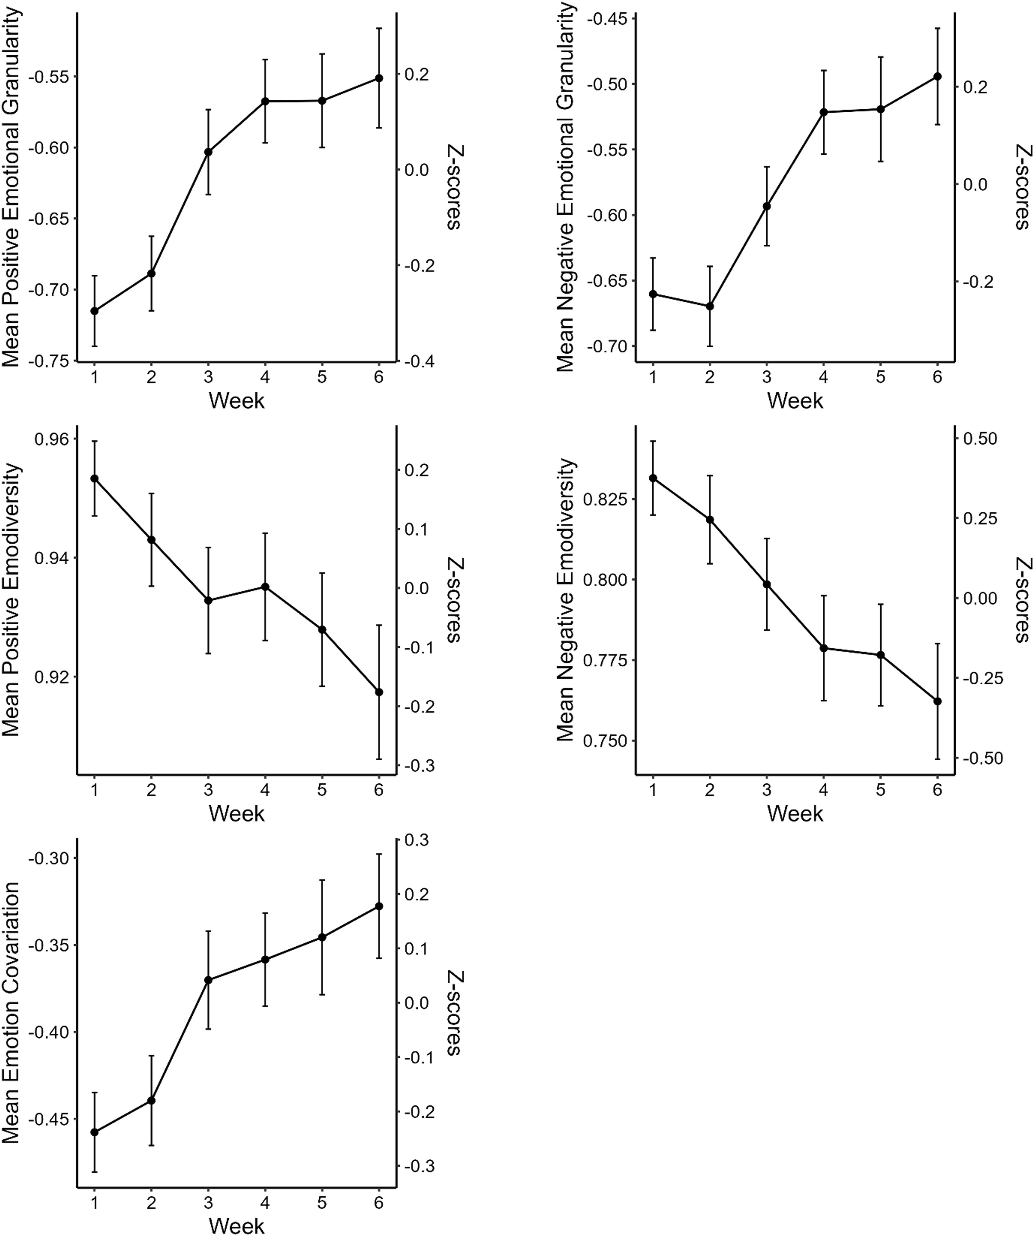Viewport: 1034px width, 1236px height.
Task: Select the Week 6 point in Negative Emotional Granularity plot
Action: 937,77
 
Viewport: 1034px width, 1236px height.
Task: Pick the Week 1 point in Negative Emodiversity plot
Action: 653,478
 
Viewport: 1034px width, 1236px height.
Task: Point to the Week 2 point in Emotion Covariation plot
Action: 151,1100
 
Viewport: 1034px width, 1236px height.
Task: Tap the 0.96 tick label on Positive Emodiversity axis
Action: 52,439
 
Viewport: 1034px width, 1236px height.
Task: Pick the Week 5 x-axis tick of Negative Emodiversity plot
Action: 880,789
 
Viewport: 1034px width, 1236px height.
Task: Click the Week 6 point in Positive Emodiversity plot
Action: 379,691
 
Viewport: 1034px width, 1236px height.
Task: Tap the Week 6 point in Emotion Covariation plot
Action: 379,906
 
